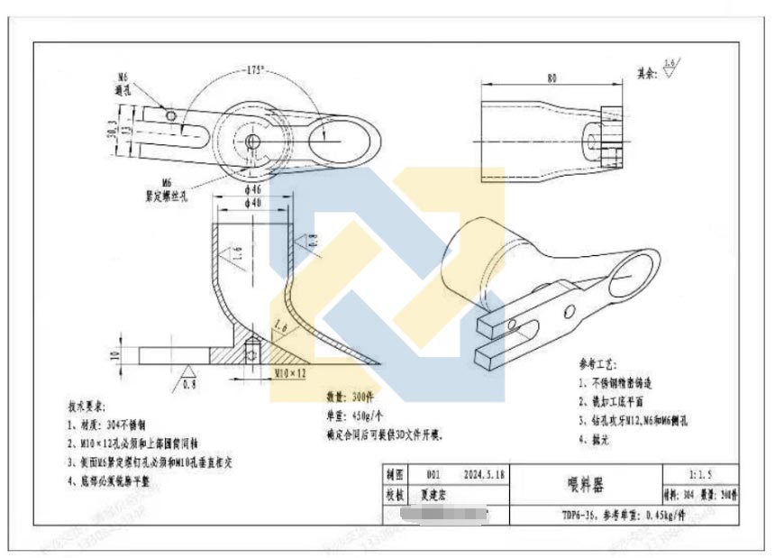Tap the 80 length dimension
[x=551, y=78]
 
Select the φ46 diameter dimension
[x=251, y=191]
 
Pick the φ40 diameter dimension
[x=251, y=204]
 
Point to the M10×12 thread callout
[x=288, y=371]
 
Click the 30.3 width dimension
[x=111, y=132]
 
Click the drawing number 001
[x=434, y=473]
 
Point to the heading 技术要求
[x=87, y=406]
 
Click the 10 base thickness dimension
[x=114, y=354]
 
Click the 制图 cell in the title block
[x=394, y=473]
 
